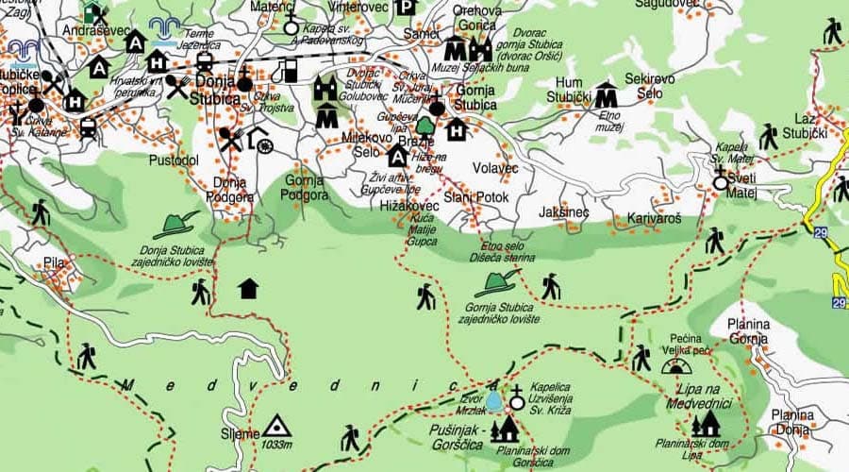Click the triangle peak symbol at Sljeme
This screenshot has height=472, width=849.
[x=276, y=427]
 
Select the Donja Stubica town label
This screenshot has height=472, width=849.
[x=218, y=89]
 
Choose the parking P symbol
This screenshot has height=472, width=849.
[x=406, y=8]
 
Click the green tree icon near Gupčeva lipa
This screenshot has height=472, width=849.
[x=424, y=125]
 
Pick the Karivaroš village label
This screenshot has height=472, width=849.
[x=654, y=218]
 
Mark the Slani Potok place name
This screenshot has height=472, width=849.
[x=476, y=197]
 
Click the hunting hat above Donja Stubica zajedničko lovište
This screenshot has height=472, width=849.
[x=175, y=225]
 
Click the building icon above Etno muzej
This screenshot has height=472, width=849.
[x=605, y=94]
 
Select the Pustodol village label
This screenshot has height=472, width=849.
[x=173, y=160]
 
